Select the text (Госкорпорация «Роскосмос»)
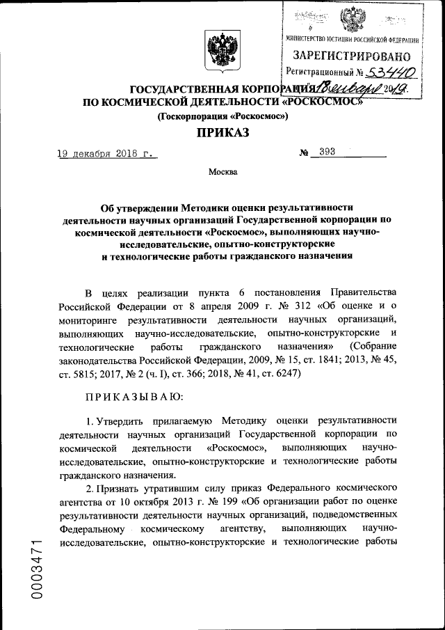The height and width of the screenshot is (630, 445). [x=222, y=116]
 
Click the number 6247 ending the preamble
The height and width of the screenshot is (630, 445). [x=283, y=372]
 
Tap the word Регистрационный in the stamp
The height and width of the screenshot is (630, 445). [x=316, y=72]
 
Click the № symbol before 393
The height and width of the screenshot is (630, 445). [x=304, y=153]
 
